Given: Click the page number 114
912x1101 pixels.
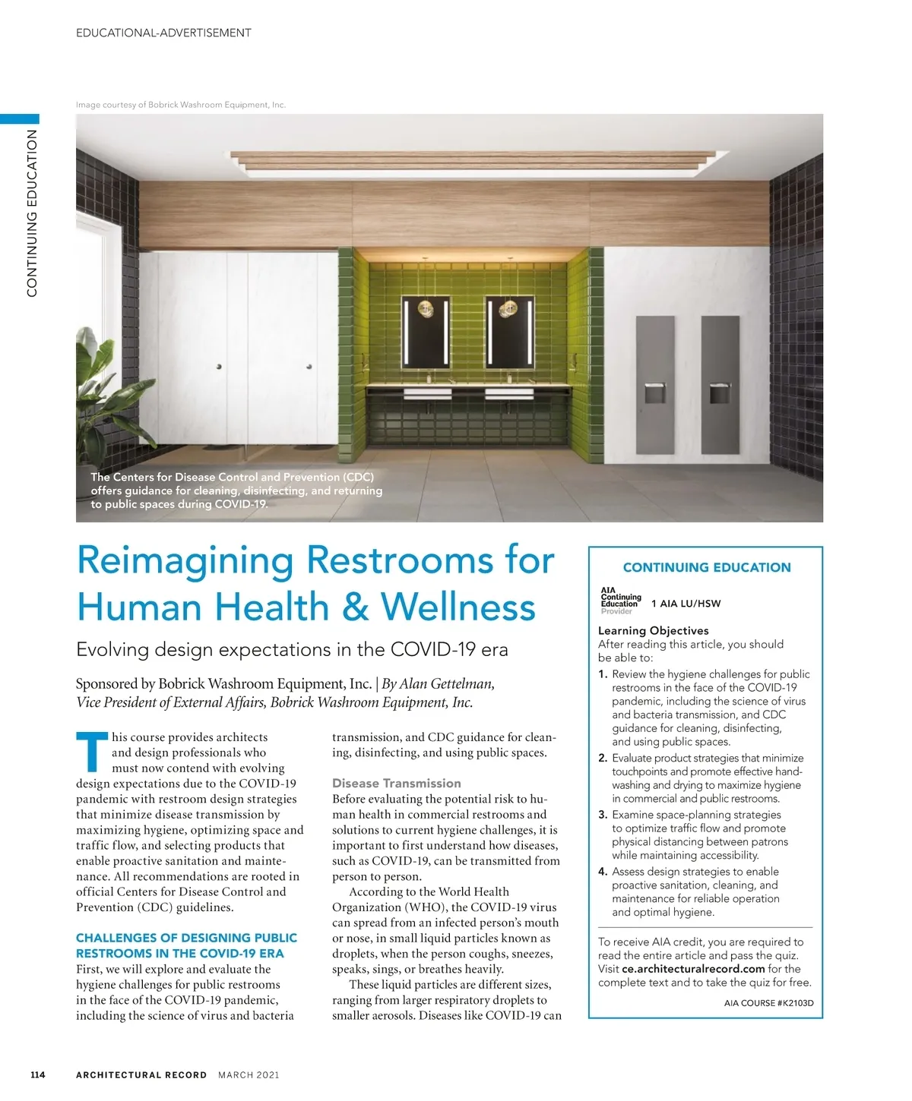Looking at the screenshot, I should click(x=38, y=1074).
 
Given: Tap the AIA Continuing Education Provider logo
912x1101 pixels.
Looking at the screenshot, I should click(x=620, y=601).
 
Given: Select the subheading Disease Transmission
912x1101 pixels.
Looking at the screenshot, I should click(x=396, y=783).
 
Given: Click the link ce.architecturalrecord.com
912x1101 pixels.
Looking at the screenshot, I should click(x=693, y=969).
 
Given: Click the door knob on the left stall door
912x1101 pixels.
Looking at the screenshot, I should click(x=219, y=367).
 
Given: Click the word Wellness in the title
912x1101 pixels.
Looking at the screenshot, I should click(x=458, y=607).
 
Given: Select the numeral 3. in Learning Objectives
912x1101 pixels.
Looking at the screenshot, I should click(x=603, y=815).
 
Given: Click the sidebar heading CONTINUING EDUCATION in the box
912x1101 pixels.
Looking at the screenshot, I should click(x=706, y=567).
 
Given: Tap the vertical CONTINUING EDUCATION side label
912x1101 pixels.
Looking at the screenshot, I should click(x=32, y=213).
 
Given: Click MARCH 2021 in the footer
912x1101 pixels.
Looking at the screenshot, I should click(x=249, y=1074).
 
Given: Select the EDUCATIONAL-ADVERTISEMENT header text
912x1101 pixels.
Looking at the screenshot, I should click(x=163, y=33).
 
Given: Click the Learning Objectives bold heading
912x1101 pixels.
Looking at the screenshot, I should click(x=653, y=630).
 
